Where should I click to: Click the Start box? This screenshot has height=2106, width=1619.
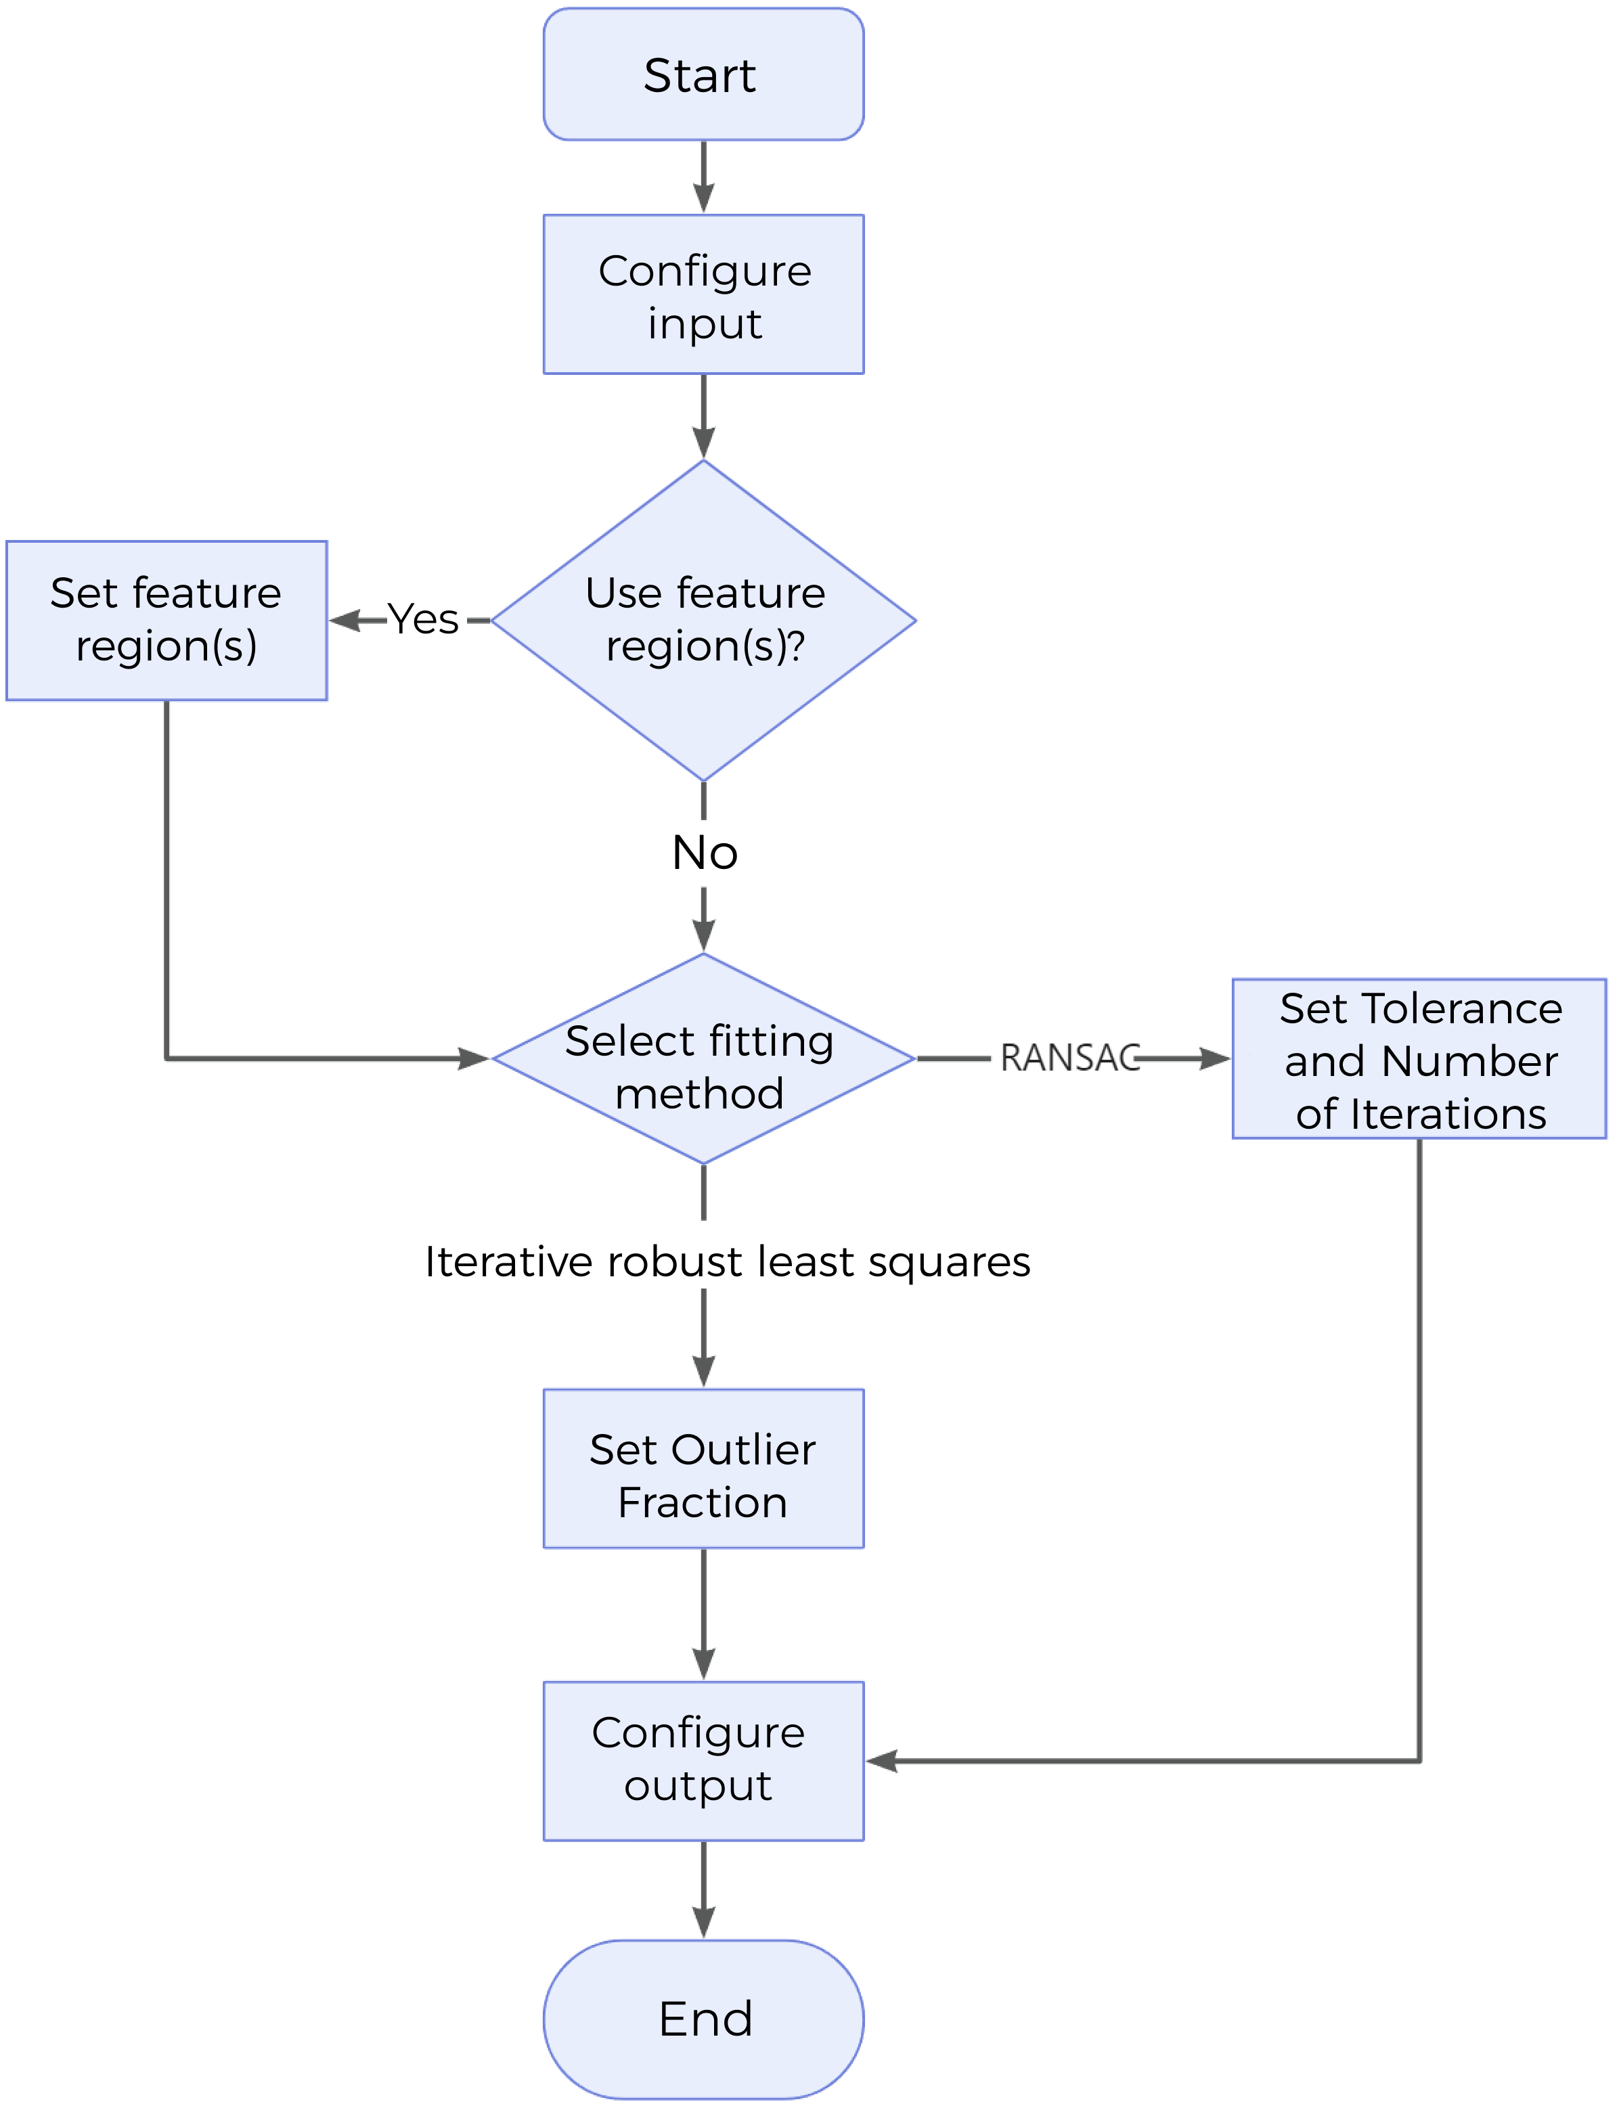703,75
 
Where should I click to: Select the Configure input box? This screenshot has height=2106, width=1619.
703,295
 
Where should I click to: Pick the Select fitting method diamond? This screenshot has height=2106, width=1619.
703,1060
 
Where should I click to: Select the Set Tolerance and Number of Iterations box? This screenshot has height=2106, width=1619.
1419,1060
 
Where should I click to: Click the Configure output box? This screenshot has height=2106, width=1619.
703,1760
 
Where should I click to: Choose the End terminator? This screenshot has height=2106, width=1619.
703,2018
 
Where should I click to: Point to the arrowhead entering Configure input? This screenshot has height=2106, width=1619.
703,200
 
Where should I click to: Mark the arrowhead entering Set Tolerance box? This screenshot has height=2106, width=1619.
1216,1060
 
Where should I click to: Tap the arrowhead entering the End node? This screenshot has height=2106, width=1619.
703,1924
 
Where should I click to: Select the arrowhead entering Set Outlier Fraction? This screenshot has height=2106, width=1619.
703,1373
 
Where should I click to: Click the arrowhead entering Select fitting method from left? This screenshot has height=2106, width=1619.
476,1060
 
